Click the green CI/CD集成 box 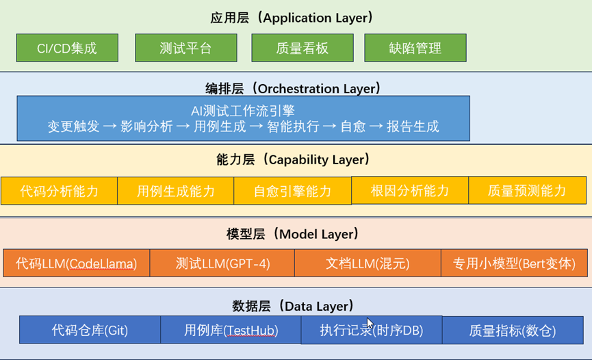[x=67, y=48]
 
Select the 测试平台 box [x=186, y=48]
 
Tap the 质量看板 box [x=303, y=48]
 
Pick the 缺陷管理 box [x=415, y=48]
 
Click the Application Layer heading [x=292, y=18]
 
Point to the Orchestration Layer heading [x=293, y=88]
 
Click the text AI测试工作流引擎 [x=243, y=111]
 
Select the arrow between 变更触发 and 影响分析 [x=110, y=127]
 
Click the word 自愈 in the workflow [x=353, y=127]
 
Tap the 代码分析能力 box [x=60, y=191]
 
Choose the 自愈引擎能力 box [x=293, y=191]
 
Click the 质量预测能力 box [x=528, y=190]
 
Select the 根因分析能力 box [x=410, y=190]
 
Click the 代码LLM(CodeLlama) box [x=76, y=263]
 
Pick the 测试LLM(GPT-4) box [x=222, y=263]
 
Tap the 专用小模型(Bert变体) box [x=514, y=263]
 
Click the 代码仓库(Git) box [x=90, y=330]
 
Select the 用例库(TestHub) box [x=231, y=330]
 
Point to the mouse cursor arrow [x=370, y=323]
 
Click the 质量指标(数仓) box [x=513, y=331]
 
